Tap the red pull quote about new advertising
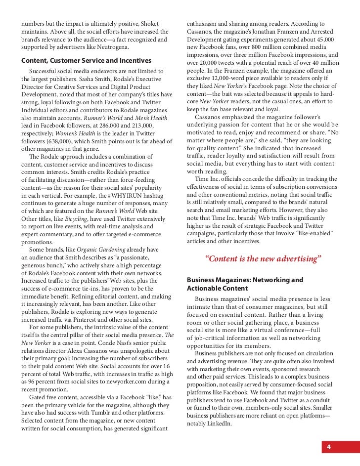pyautogui.click(x=263, y=258)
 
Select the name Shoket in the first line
pyautogui.click(x=148, y=24)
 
